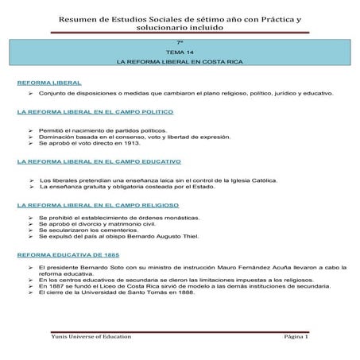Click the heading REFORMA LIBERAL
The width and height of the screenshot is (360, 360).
coord(49,83)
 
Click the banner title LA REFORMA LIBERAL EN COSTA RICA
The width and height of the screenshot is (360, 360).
coord(180,61)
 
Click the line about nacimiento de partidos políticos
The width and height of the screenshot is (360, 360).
coord(103,129)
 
